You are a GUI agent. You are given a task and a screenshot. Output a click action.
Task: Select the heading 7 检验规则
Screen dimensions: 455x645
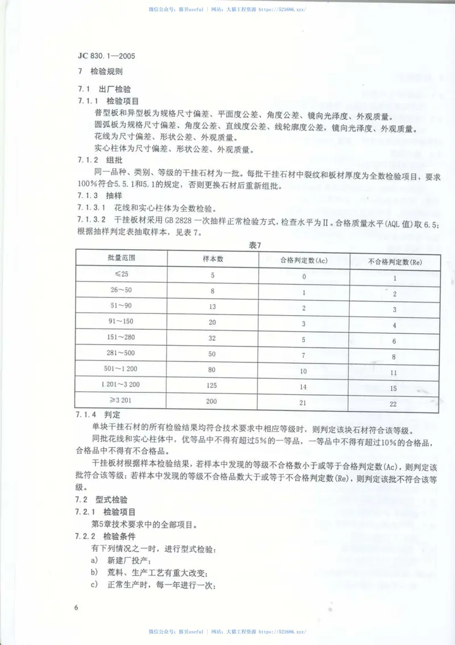tap(99, 72)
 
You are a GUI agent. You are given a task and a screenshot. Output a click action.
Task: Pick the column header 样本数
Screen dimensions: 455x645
tap(213, 259)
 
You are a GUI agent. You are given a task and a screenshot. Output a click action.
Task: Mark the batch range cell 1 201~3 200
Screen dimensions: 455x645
tap(122, 384)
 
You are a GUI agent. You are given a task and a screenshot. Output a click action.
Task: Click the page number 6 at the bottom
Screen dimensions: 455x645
tap(76, 608)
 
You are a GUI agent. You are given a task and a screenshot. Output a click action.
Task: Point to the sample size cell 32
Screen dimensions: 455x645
tap(213, 338)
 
